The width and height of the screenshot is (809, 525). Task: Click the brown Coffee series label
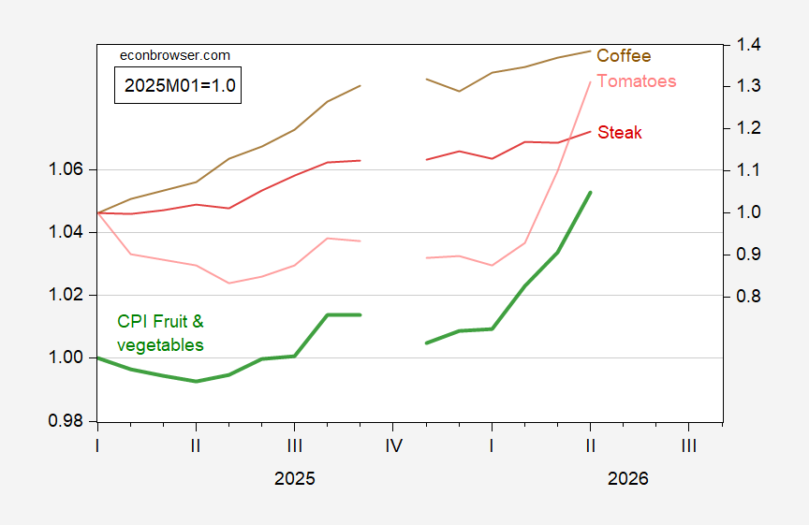coord(624,56)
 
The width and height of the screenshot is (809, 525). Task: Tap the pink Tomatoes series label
coord(636,81)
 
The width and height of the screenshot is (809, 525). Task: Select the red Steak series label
coord(620,133)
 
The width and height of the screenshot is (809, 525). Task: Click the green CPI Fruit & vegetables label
coord(160,333)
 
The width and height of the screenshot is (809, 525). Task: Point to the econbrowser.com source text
coord(175,56)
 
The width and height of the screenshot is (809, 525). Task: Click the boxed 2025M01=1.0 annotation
coord(178,85)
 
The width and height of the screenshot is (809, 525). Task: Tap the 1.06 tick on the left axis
coord(66,169)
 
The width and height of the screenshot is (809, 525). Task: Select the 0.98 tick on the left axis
coord(66,421)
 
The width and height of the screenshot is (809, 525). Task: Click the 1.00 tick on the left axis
coord(66,357)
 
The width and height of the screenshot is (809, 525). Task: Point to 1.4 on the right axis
coord(749,45)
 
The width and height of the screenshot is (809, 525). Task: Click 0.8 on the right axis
coord(749,297)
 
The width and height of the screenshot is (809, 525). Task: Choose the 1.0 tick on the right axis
coord(749,211)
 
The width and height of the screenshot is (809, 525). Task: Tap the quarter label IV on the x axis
coord(393,445)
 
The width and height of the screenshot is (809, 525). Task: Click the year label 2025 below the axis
coord(295,478)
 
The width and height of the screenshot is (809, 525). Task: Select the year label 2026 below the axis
coord(628,478)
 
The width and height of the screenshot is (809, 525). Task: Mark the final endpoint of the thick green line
coord(590,193)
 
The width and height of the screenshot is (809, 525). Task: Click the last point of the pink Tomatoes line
coord(590,82)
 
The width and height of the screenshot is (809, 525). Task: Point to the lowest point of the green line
coord(196,382)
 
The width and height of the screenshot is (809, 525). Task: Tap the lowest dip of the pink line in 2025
coord(228,284)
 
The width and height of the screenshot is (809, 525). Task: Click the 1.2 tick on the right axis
coord(749,128)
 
